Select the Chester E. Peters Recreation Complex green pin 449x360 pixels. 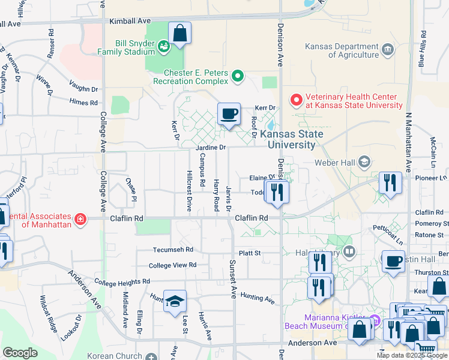tap(238, 76)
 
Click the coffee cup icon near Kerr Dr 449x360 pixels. tap(228, 113)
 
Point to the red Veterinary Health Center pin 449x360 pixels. tap(296, 100)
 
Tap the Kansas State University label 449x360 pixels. tap(292, 139)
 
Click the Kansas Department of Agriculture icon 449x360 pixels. tap(387, 49)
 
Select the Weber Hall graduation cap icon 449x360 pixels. tap(364, 161)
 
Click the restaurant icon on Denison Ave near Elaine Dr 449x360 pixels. tap(277, 191)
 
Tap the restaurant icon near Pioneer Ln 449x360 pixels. tap(390, 182)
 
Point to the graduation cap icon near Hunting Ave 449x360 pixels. tap(175, 301)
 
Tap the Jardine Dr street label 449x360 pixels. tap(210, 147)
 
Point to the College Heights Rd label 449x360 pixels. tap(122, 281)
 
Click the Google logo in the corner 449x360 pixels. tap(20, 353)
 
